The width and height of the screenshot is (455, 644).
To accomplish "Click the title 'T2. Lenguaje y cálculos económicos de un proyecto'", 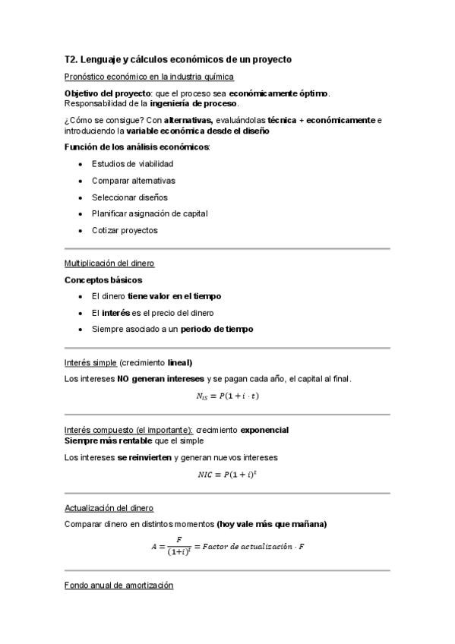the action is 179,58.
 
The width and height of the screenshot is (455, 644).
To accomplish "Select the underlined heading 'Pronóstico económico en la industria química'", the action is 149,77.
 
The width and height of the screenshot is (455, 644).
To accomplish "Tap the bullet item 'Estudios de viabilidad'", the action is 132,163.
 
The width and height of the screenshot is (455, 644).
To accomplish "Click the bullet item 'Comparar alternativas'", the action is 133,180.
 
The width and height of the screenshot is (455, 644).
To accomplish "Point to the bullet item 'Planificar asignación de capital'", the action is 149,213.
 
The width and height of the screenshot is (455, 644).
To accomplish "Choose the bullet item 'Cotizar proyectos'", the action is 125,230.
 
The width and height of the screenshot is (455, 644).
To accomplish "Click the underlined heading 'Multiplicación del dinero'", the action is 109,263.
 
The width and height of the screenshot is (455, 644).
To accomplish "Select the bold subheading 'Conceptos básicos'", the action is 103,279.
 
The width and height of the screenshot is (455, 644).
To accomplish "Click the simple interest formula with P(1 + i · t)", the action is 228,395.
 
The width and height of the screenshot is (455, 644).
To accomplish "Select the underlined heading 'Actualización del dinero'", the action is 109,507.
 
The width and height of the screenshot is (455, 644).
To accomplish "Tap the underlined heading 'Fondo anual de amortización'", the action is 118,586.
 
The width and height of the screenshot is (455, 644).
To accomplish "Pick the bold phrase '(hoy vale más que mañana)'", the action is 271,524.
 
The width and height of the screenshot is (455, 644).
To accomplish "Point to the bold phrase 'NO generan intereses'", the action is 160,378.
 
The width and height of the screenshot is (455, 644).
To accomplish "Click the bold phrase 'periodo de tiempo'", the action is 216,329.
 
